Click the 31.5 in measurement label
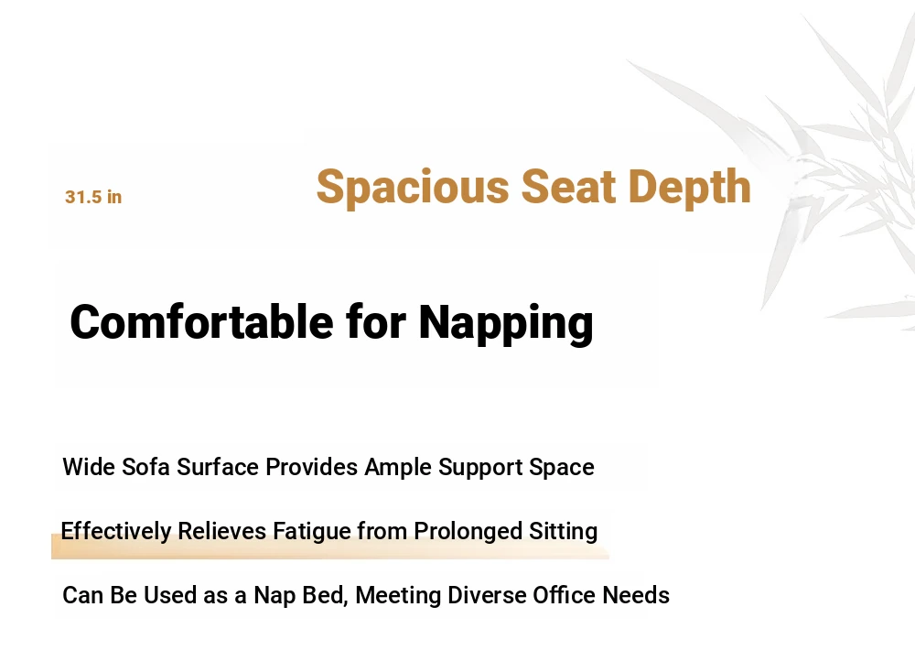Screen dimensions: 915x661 (93, 197)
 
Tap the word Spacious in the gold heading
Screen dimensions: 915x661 (413, 187)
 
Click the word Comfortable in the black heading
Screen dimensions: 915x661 (201, 321)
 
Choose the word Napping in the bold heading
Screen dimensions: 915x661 (506, 323)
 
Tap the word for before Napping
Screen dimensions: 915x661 (376, 321)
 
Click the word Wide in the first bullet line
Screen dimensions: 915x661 (89, 467)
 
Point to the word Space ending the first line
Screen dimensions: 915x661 (562, 468)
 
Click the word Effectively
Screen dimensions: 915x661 (116, 531)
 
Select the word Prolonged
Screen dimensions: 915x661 (468, 532)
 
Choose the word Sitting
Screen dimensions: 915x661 (563, 532)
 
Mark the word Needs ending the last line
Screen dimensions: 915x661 (636, 595)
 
